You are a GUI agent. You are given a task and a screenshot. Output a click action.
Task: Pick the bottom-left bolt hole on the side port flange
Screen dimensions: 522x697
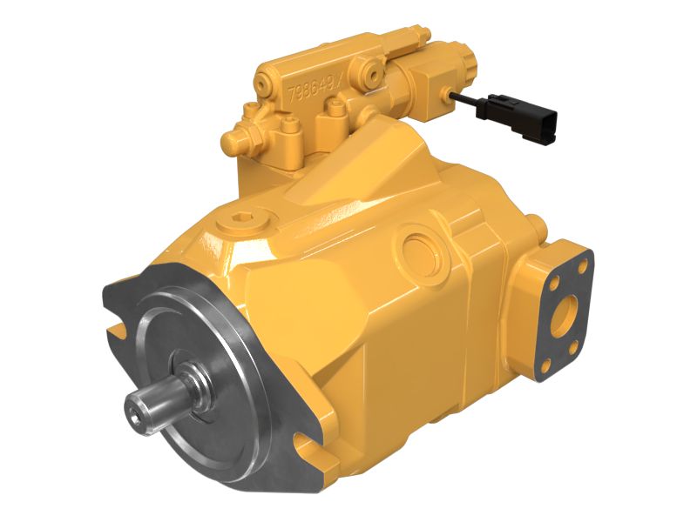coord(547,366)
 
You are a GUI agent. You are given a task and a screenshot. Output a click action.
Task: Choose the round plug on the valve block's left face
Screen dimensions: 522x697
coord(261,83)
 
